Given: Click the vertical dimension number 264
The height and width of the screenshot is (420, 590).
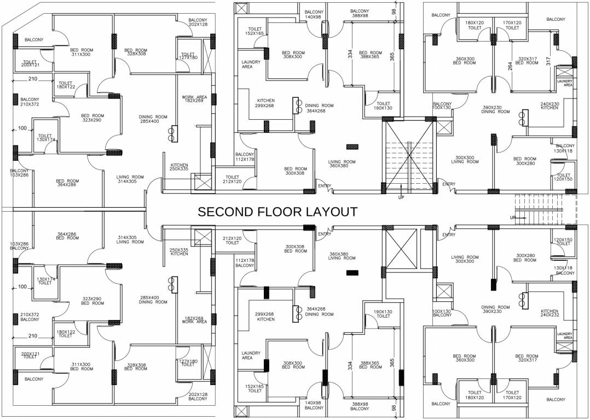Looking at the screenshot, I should click(510, 66).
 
